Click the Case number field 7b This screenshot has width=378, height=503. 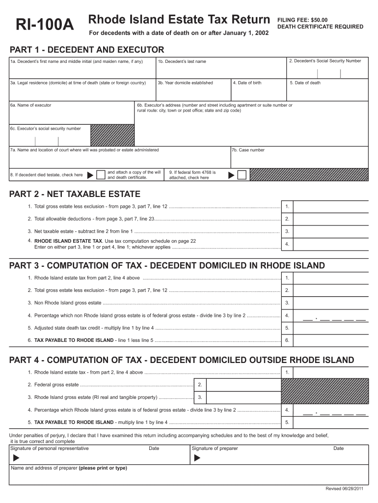[299, 157]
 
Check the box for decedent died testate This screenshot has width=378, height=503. [101, 175]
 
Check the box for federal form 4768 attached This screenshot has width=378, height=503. [242, 175]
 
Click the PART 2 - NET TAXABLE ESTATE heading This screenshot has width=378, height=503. [75, 194]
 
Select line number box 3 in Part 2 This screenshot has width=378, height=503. [287, 231]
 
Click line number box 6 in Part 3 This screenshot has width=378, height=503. [287, 340]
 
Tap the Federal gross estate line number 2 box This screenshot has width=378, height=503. [200, 385]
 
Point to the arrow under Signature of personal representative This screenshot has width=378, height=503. [16, 458]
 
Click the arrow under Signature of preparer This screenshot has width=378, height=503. [198, 458]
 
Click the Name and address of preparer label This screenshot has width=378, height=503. [69, 468]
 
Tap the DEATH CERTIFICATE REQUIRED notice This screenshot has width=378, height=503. [320, 27]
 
